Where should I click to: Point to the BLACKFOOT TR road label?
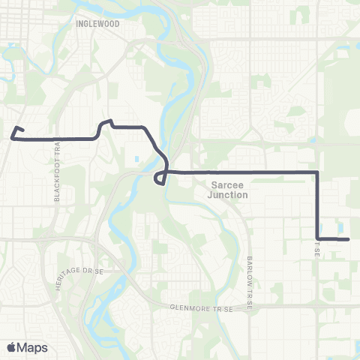[x=58, y=172]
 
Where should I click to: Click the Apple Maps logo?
[x=27, y=346]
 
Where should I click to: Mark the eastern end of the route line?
[x=349, y=240]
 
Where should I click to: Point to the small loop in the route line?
[x=160, y=178]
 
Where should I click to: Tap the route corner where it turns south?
[x=317, y=173]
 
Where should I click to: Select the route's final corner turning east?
[x=317, y=239]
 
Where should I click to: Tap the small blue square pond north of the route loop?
[x=136, y=159]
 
